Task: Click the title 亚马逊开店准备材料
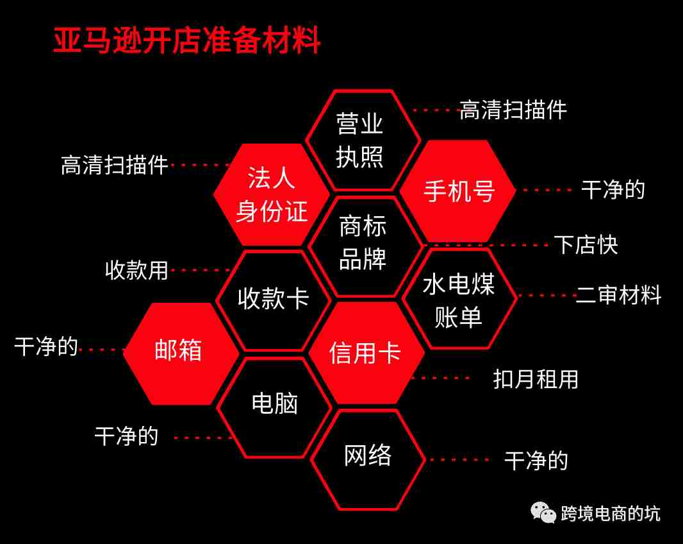[187, 40]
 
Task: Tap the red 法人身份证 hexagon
[272, 194]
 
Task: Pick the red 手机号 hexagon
[458, 191]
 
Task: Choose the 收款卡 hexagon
[274, 300]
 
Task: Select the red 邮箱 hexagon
[181, 353]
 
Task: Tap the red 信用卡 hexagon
[366, 352]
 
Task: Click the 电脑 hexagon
[274, 407]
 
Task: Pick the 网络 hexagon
[368, 459]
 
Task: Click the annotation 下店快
[586, 244]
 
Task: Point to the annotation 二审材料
[618, 295]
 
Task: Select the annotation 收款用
[136, 270]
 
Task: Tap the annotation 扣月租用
[536, 378]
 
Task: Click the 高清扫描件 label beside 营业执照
[513, 110]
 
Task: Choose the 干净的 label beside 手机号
[613, 190]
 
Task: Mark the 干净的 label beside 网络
[536, 461]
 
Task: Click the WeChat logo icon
[543, 512]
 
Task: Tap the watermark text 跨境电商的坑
[610, 513]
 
